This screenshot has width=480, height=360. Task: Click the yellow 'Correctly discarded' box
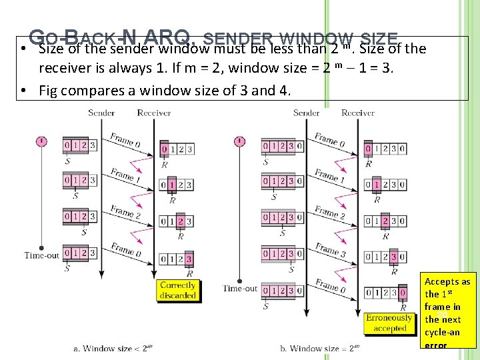pyautogui.click(x=178, y=290)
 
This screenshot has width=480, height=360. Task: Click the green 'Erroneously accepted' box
pyautogui.click(x=389, y=323)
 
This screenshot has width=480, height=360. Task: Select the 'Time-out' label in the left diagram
pyautogui.click(x=41, y=255)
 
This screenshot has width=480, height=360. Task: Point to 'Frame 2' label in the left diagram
pyautogui.click(x=123, y=213)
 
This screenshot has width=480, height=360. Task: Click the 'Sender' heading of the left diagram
pyautogui.click(x=101, y=113)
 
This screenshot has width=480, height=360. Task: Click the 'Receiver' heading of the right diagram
pyautogui.click(x=358, y=113)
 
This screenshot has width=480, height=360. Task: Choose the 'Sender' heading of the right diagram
pyautogui.click(x=306, y=113)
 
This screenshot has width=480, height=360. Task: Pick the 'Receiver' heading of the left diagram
pyautogui.click(x=154, y=113)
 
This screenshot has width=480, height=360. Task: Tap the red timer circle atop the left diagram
pyautogui.click(x=41, y=141)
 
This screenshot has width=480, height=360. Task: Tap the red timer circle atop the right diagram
pyautogui.click(x=240, y=141)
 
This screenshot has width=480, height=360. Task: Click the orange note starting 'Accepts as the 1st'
pyautogui.click(x=447, y=313)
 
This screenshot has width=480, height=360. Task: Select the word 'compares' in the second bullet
pyautogui.click(x=95, y=91)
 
